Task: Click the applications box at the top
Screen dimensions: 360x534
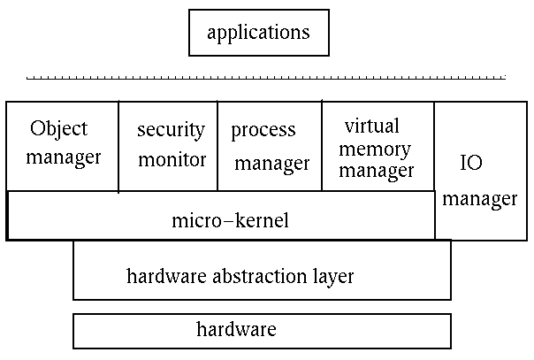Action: coord(258,33)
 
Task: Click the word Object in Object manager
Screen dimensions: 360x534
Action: coord(59,129)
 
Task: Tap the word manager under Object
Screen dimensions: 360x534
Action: coord(64,159)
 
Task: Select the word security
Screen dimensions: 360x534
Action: coord(171,130)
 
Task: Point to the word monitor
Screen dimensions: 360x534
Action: coord(172,160)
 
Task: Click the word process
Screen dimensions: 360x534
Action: coord(263,131)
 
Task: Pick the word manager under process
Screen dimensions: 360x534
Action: coord(272,163)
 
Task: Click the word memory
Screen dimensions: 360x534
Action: coord(376,148)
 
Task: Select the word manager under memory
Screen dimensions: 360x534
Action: coord(377,170)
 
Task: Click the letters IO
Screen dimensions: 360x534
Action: coord(471,163)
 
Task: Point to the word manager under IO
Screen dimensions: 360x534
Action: coord(479,198)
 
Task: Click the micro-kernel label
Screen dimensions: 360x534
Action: coord(230,219)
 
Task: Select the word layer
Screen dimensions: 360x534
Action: coord(332,276)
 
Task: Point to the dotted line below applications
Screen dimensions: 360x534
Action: coord(265,79)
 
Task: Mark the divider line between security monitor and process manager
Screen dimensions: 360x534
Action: coord(217,146)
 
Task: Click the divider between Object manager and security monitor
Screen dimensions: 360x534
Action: coord(118,146)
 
